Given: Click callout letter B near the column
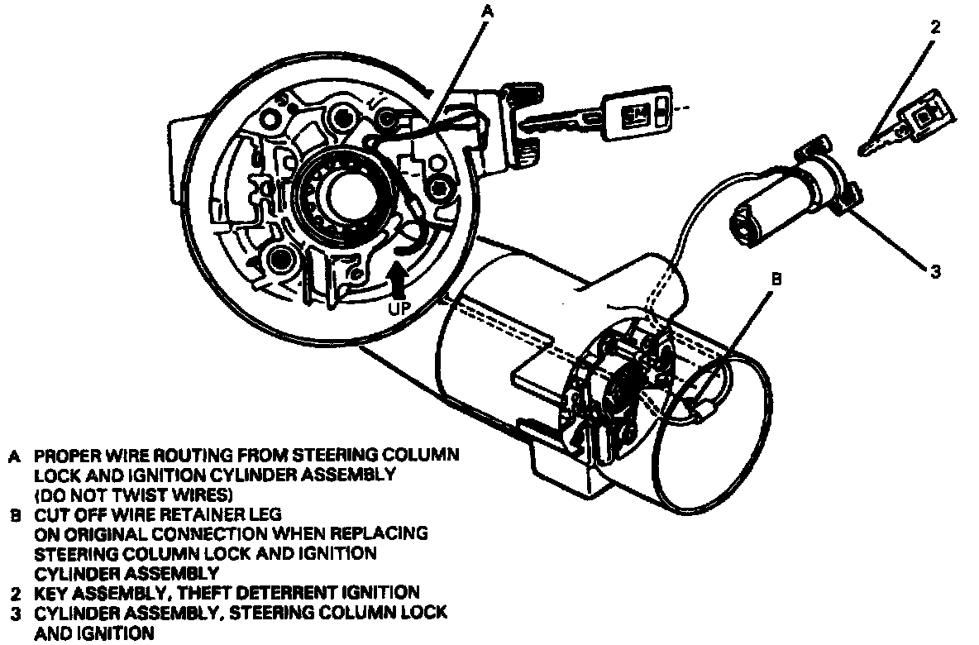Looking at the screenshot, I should click(x=776, y=279).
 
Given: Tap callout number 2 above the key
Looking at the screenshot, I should click(x=934, y=26).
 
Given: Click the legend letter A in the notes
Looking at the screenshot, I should click(x=15, y=456).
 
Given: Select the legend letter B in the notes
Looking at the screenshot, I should click(x=15, y=514).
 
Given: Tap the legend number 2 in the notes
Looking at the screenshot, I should click(x=15, y=593).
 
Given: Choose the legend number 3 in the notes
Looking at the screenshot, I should click(x=15, y=613).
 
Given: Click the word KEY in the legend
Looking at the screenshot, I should click(x=50, y=593).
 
